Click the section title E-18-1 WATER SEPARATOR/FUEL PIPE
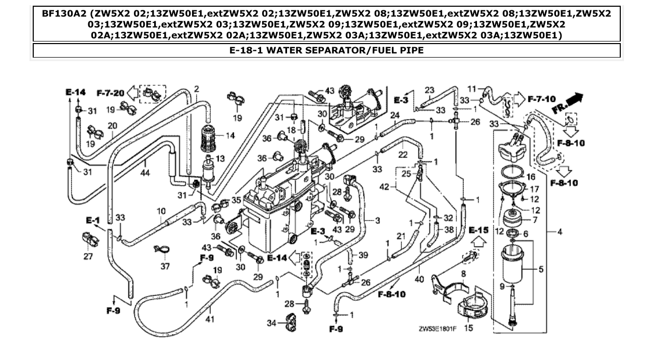(x=326, y=50)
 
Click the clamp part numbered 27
(x=90, y=240)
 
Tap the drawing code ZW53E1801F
(x=441, y=328)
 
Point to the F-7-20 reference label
(x=110, y=93)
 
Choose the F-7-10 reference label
(x=541, y=99)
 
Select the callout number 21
(x=400, y=236)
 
